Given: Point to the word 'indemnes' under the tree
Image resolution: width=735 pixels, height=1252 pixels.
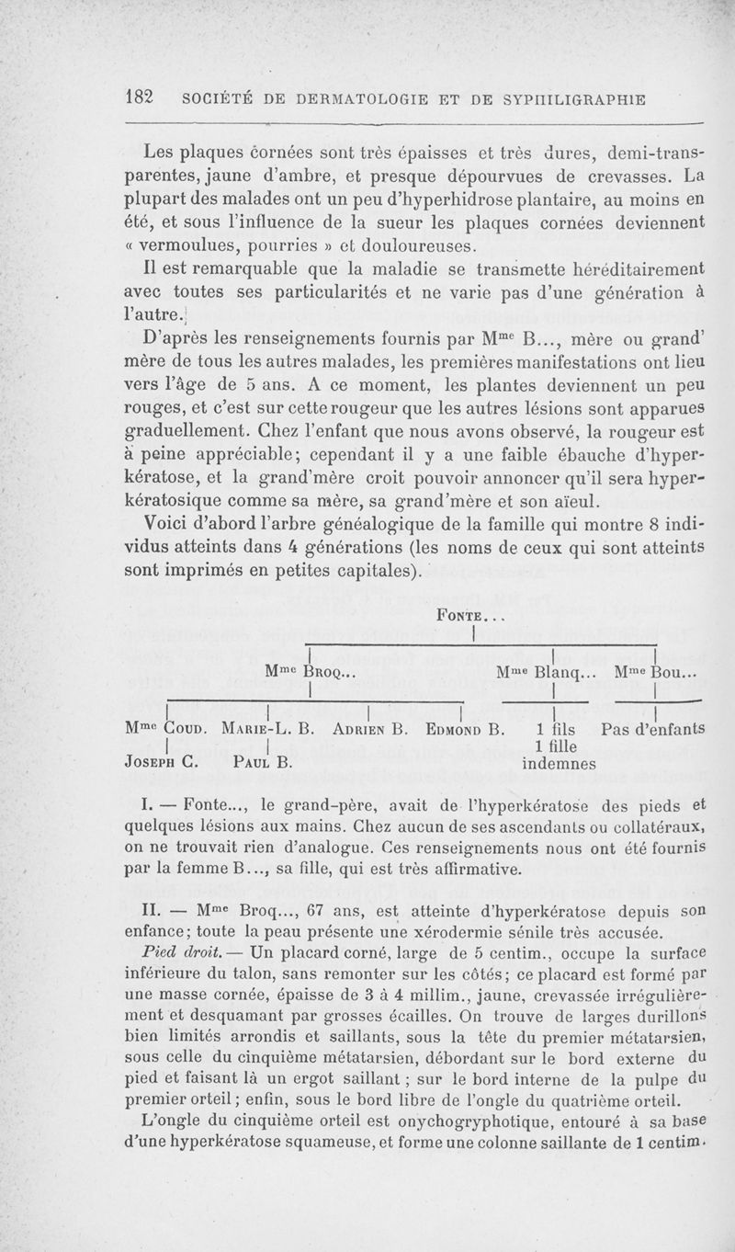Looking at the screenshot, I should (x=560, y=763).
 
